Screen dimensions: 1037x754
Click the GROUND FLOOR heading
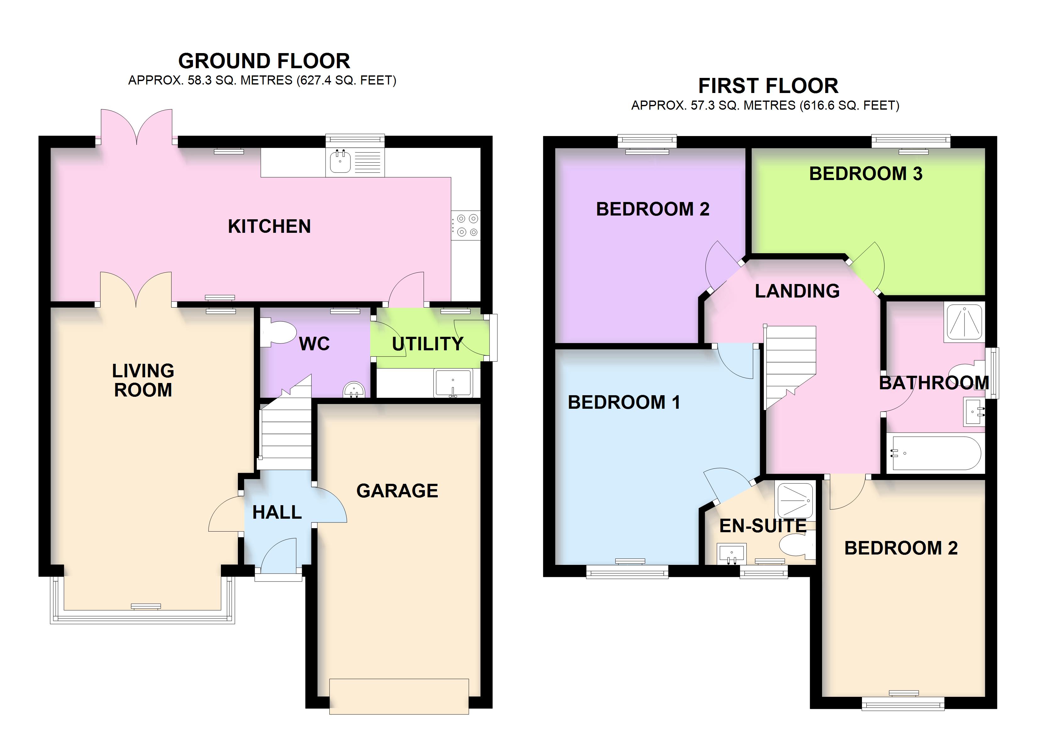(264, 61)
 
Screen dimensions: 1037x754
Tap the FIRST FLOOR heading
(768, 86)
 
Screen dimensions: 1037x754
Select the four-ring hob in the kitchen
(466, 226)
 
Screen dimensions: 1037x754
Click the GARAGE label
(397, 491)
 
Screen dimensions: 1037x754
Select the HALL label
(277, 512)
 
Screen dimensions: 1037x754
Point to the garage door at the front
(399, 697)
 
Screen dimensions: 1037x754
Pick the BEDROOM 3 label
(865, 174)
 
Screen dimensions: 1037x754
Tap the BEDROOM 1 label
(624, 402)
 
